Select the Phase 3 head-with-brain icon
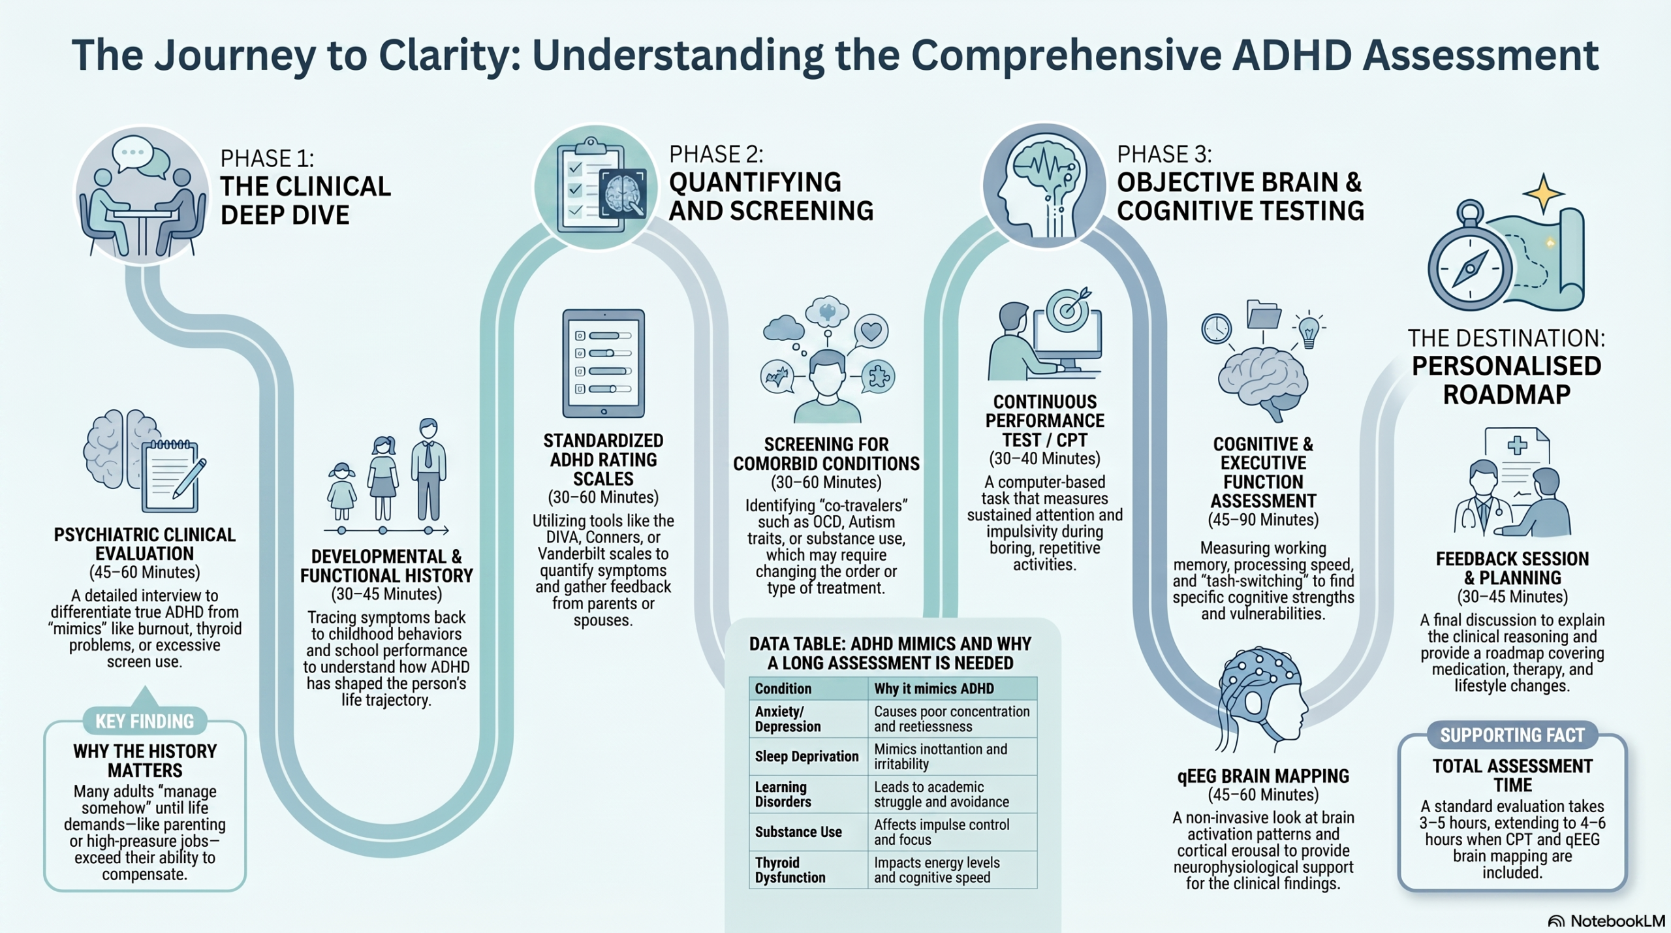pos(1044,185)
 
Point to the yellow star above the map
pos(1544,193)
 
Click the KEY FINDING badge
pos(145,721)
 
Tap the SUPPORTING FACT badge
pos(1512,736)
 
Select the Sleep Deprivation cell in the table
pos(807,756)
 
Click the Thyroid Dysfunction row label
pos(790,870)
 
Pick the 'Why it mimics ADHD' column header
pos(934,688)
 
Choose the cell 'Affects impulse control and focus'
pos(942,832)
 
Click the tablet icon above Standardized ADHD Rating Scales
pos(604,364)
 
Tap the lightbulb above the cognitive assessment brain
pos(1309,330)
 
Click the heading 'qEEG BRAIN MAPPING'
pos(1263,776)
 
